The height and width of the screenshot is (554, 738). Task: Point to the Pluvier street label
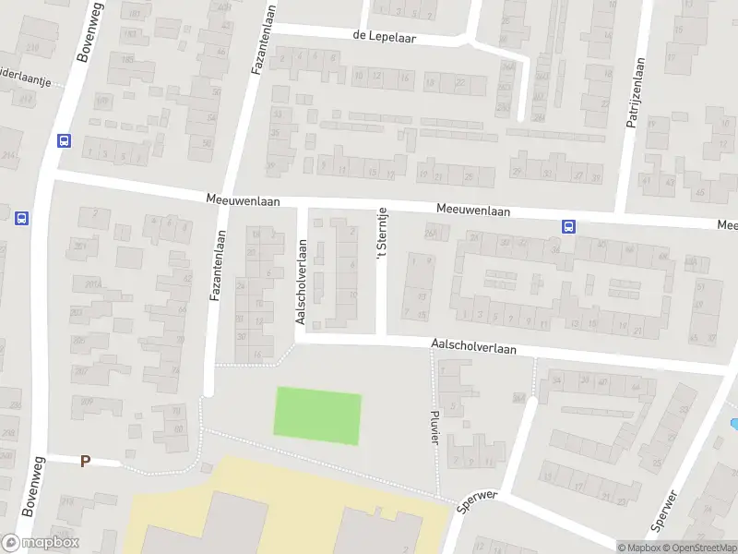(434, 426)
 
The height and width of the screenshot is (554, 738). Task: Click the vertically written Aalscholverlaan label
(301, 282)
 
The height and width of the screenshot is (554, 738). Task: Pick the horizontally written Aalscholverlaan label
(473, 350)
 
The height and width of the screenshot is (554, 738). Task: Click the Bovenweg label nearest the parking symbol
(28, 488)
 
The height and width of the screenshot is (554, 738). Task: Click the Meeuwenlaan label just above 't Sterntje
(473, 211)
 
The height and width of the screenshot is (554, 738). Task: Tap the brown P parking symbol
(85, 461)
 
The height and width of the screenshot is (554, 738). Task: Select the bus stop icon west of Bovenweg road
(21, 219)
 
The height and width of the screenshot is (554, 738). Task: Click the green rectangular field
(317, 415)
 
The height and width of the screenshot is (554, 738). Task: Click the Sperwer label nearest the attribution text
(663, 511)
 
